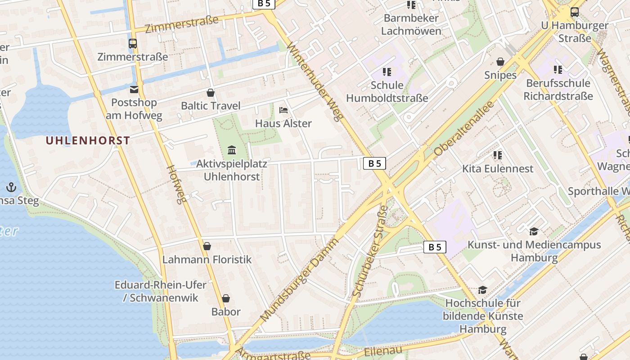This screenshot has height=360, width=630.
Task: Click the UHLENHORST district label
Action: point(88,140)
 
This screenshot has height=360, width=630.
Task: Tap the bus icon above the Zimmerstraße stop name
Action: point(133,44)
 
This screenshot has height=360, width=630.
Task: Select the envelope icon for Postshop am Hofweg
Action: point(134,90)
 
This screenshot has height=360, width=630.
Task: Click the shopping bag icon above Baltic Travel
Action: point(210,93)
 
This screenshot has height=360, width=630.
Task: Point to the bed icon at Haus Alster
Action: point(283,110)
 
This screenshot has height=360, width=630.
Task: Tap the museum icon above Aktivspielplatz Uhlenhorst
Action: point(232,149)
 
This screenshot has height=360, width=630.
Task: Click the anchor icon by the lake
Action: point(11,187)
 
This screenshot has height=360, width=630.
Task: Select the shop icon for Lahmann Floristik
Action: point(207,246)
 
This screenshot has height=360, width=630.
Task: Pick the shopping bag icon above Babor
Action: point(226,298)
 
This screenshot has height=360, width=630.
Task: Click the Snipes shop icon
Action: point(500,62)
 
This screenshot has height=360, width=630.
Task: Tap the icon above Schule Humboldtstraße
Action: point(387,72)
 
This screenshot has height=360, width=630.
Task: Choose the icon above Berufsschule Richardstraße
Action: point(558,70)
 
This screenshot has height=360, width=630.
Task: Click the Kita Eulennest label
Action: point(498,169)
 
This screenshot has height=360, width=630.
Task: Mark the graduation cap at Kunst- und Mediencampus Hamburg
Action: point(534,231)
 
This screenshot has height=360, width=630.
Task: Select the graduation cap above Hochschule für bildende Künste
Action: point(482,290)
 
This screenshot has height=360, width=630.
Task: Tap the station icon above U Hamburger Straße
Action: point(575,12)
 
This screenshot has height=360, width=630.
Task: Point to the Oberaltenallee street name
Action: point(464,128)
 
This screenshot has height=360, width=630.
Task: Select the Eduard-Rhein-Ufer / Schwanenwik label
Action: point(161,291)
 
